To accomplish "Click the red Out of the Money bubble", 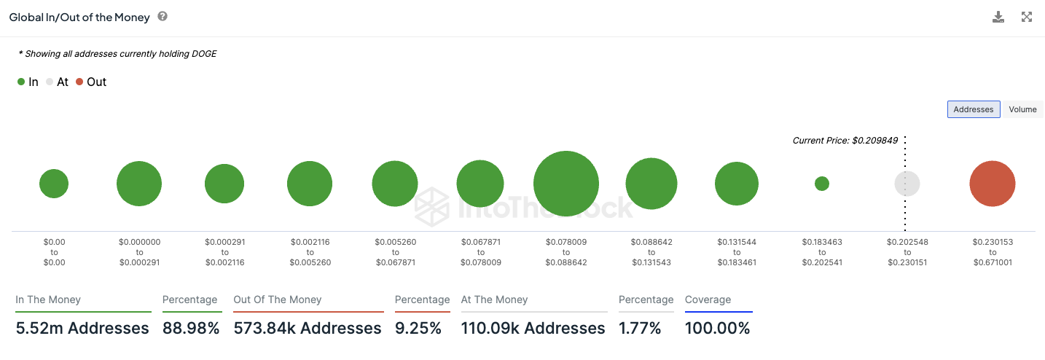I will pyautogui.click(x=992, y=184).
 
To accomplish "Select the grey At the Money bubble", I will pyautogui.click(x=907, y=184).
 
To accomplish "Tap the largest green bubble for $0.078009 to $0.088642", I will pyautogui.click(x=566, y=184).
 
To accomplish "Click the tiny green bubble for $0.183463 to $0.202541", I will pyautogui.click(x=821, y=184).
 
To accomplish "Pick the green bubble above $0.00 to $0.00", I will pyautogui.click(x=54, y=184).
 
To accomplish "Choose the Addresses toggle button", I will pyautogui.click(x=973, y=109).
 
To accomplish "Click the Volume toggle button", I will pyautogui.click(x=1022, y=109).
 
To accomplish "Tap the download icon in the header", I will pyautogui.click(x=998, y=17).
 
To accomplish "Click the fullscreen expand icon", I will pyautogui.click(x=1027, y=17).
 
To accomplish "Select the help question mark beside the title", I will pyautogui.click(x=163, y=16).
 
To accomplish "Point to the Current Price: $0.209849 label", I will pyautogui.click(x=845, y=140).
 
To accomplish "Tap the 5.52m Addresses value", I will pyautogui.click(x=82, y=329).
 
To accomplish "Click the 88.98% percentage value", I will pyautogui.click(x=190, y=329).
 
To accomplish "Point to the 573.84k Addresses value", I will pyautogui.click(x=308, y=329).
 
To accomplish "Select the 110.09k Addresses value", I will pyautogui.click(x=533, y=329).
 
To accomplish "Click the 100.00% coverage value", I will pyautogui.click(x=717, y=329).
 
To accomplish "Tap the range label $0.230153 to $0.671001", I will pyautogui.click(x=992, y=252).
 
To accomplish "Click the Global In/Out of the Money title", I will pyautogui.click(x=79, y=17).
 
